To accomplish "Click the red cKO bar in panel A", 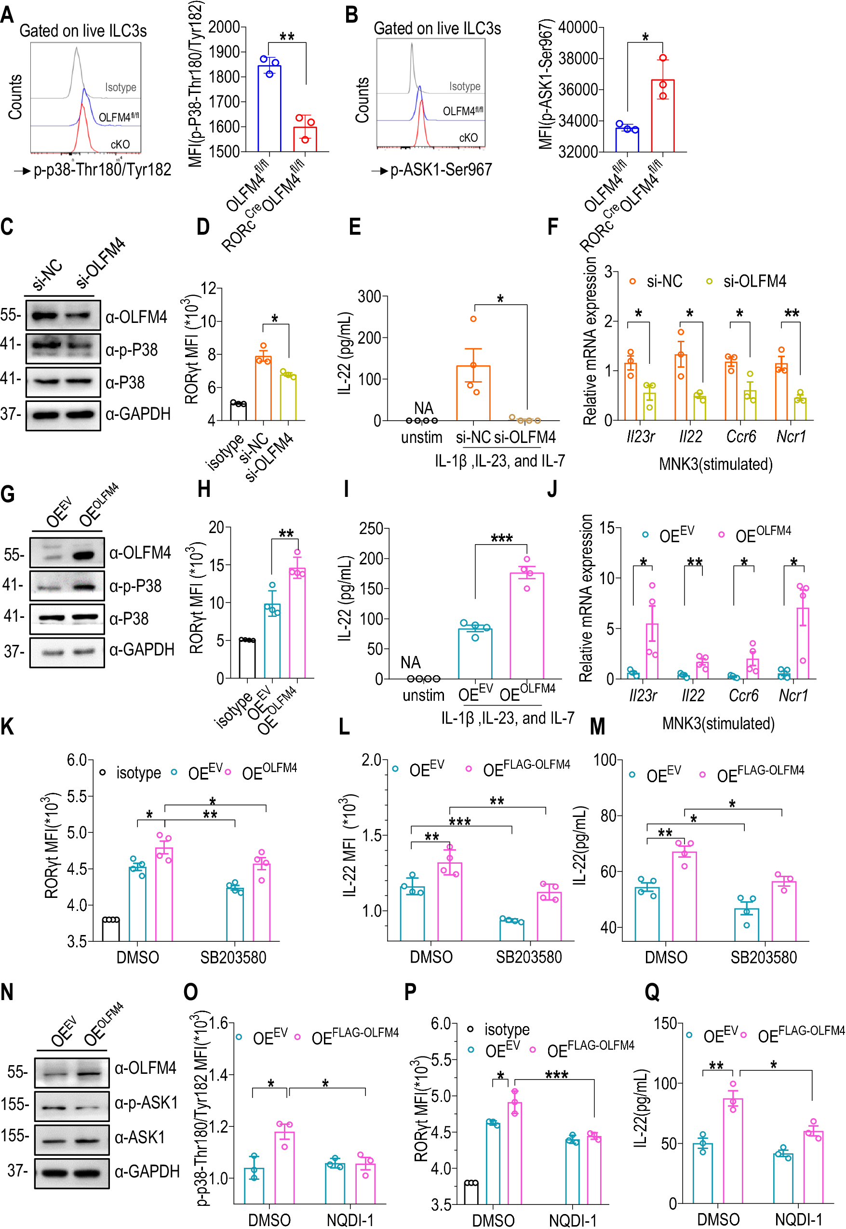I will click(x=305, y=139).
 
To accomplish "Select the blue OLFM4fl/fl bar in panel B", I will click(x=627, y=140).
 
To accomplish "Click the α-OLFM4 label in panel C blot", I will click(x=136, y=317).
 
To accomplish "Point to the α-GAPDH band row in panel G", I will click(x=67, y=652).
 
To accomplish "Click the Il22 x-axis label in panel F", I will click(x=690, y=437).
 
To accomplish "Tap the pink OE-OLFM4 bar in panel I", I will click(x=526, y=626).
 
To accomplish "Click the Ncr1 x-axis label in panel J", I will click(x=793, y=695).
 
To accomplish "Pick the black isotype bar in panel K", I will click(x=111, y=931).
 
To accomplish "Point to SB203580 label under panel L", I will click(x=528, y=957).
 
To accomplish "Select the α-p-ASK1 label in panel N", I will click(x=146, y=1103).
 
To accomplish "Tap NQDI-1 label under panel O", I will click(x=350, y=1220).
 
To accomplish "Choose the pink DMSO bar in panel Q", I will click(x=733, y=1151).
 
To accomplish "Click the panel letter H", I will click(x=204, y=489).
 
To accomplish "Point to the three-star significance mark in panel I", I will click(x=501, y=538).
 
